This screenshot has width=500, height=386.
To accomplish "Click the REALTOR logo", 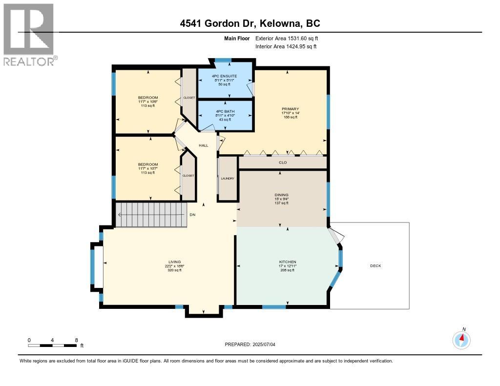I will (x=29, y=34).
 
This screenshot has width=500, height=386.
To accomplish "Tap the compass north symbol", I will (x=461, y=339).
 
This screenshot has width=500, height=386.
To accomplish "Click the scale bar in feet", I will (x=52, y=345).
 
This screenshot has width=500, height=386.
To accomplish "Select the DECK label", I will (x=375, y=266).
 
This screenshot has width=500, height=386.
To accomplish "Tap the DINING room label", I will (x=281, y=195).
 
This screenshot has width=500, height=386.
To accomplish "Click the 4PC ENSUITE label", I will (x=225, y=76).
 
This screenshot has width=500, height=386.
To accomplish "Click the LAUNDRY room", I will (x=228, y=178).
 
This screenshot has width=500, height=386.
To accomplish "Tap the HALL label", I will (x=203, y=145).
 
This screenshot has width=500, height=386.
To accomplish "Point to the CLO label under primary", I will (x=283, y=163).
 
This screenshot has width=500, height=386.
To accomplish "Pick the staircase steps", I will (x=151, y=215).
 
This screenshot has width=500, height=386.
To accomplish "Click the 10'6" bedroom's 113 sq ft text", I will (x=148, y=106).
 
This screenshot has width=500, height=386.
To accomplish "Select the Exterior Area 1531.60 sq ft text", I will (x=287, y=38).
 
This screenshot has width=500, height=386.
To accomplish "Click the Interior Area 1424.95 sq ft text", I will (x=286, y=46).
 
